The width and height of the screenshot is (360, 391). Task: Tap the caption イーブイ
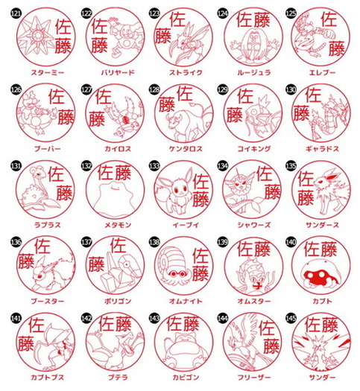(x=180, y=226)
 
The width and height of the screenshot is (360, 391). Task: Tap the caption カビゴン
(x=180, y=379)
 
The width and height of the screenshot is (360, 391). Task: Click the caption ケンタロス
(x=180, y=149)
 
